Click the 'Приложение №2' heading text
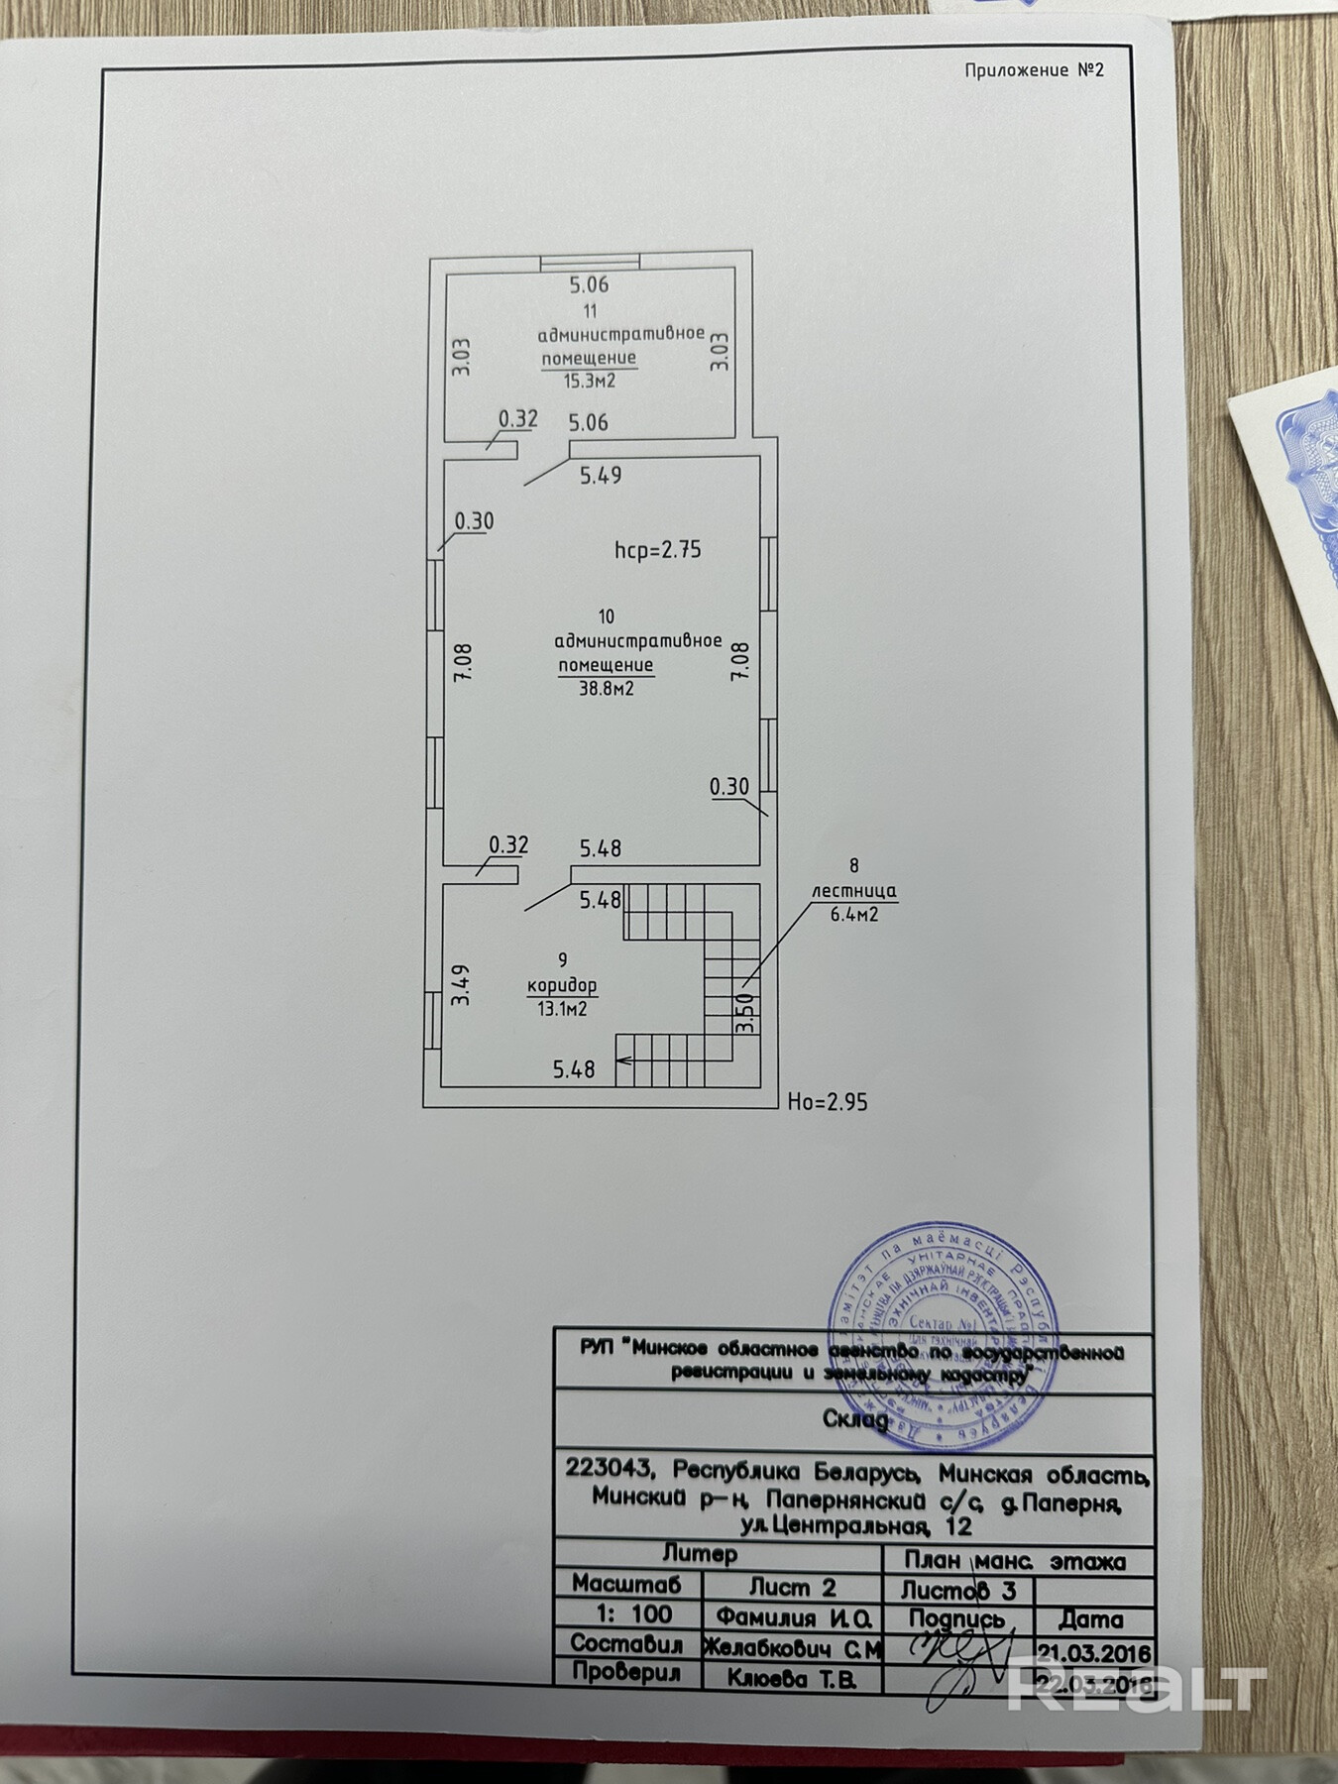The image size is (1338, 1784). tap(1034, 70)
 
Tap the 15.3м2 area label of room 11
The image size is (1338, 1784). tap(589, 381)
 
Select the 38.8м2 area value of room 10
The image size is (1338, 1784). tap(606, 688)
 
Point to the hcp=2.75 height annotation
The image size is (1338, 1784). tap(657, 550)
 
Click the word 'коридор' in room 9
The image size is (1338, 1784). tap(562, 986)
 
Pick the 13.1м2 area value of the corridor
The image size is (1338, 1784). tap(562, 1009)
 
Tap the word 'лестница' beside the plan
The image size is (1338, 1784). tap(854, 891)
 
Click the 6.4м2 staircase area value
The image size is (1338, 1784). tap(854, 915)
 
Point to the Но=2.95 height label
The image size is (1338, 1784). tap(827, 1101)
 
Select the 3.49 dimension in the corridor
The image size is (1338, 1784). tap(461, 986)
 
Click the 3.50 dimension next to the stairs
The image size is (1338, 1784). tap(746, 1013)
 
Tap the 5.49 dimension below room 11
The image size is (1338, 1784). tap(601, 476)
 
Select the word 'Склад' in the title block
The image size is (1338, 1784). tap(855, 1419)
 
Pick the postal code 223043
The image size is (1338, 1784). tap(608, 1468)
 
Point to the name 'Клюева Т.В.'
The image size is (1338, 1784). tap(790, 1678)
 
